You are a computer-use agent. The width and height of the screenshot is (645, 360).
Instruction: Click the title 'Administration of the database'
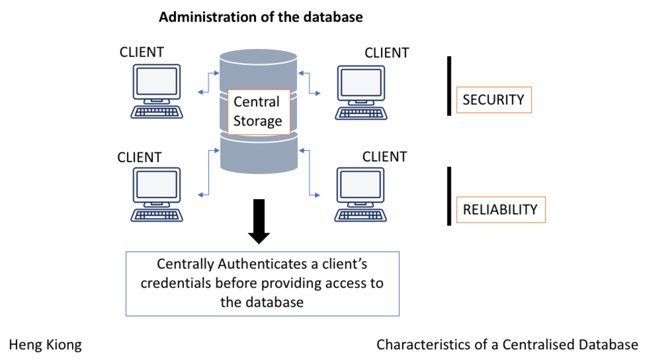(x=261, y=17)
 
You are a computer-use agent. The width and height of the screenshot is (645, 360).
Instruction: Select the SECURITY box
(x=493, y=100)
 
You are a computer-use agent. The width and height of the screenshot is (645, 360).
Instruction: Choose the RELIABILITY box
(x=500, y=209)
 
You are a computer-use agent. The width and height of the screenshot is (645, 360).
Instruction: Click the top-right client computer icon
(x=361, y=92)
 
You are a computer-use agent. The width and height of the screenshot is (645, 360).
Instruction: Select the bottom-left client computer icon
(x=156, y=195)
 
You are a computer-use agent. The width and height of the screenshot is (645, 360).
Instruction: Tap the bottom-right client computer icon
(x=361, y=195)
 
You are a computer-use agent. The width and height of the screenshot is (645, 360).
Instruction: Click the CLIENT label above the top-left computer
(x=141, y=52)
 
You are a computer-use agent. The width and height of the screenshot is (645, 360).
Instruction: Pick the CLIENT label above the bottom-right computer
(x=384, y=157)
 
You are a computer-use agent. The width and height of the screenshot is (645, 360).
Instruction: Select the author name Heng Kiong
(x=46, y=344)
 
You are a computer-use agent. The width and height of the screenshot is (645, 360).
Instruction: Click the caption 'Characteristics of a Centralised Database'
(x=507, y=344)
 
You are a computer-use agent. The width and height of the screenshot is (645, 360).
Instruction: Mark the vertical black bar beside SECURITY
(x=449, y=86)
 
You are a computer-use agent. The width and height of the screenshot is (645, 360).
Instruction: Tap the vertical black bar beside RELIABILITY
(x=449, y=196)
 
